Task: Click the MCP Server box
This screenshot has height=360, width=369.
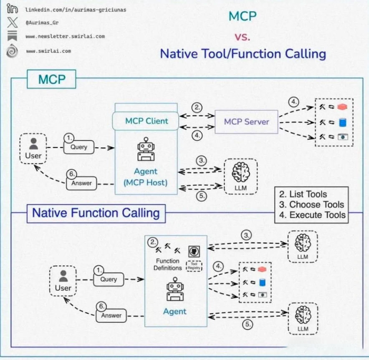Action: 246,122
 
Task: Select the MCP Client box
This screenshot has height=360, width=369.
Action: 147,121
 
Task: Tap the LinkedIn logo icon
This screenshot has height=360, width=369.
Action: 13,9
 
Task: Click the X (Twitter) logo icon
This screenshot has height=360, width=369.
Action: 13,23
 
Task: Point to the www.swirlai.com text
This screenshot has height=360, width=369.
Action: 48,51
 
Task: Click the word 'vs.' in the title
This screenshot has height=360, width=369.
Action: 242,36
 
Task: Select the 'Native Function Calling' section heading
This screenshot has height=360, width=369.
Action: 96,213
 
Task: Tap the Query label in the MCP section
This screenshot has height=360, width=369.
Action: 78,147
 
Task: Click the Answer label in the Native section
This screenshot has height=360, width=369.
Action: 111,316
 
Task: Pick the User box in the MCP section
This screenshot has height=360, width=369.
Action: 33,149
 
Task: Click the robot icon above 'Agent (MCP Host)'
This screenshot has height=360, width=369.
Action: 146,150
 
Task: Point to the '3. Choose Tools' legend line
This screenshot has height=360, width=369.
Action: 311,204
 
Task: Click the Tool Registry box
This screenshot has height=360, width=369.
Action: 194,266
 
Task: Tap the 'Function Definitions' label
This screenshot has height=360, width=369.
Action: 167,264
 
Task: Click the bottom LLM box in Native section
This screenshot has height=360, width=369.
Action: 303,319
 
